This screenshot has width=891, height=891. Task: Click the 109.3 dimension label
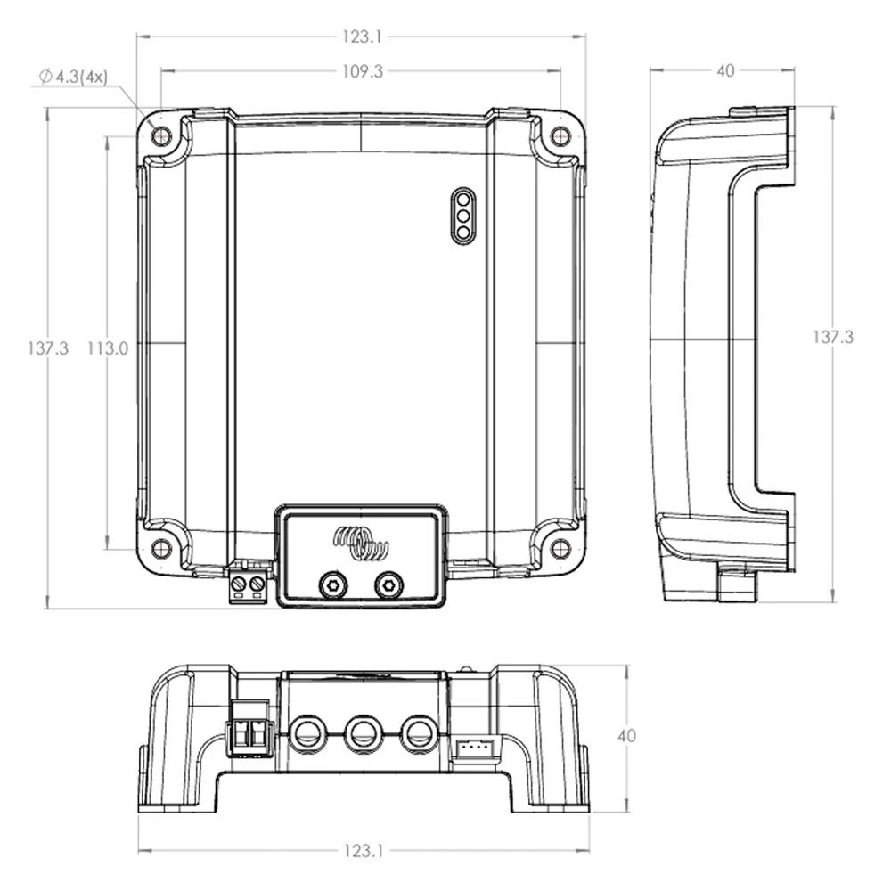362,71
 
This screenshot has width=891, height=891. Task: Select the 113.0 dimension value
107,348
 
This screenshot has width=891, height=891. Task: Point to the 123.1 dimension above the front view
362,37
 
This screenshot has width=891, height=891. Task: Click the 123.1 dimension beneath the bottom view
362,851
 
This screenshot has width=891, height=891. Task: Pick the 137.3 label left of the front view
47,348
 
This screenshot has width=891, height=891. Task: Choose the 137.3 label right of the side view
833,337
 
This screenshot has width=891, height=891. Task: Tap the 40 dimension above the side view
725,70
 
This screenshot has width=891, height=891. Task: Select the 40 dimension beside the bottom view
627,736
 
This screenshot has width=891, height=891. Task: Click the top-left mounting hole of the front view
161,136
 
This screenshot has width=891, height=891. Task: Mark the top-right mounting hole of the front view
560,136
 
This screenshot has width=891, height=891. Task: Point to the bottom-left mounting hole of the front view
161,548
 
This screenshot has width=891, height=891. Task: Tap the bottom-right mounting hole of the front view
560,548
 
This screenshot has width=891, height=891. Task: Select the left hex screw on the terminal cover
332,584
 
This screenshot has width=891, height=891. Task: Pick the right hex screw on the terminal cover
388,584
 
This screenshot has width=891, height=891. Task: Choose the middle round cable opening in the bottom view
362,735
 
